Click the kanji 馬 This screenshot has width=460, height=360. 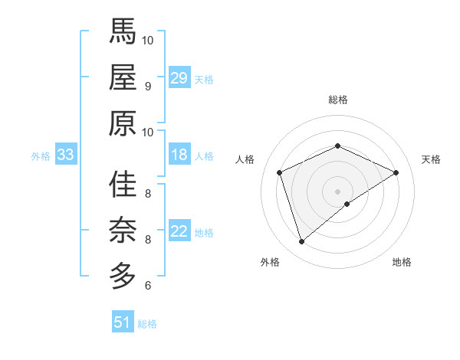pos(122,31)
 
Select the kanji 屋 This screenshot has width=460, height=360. pos(122,77)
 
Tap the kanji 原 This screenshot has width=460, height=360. pos(122,122)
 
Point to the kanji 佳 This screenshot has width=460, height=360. pos(122,185)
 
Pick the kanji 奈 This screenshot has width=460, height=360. pos(122,231)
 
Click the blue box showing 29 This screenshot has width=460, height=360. pos(179,77)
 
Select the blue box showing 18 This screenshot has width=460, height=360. pos(179,155)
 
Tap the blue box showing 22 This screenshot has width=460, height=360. pos(179,231)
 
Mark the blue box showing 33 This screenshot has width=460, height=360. pos(66,155)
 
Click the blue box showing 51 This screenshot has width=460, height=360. pos(123,322)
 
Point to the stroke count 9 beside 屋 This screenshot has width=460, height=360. pos(147,86)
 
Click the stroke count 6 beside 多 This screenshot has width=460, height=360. pos(147,286)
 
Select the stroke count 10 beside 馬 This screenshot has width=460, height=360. pos(148,40)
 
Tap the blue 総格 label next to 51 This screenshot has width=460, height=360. pos(147,324)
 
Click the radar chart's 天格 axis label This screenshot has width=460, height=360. pos(431,159)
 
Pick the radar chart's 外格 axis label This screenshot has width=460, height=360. pos(270,262)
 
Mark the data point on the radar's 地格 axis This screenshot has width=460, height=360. pos(347,204)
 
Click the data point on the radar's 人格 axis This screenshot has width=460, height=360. pos(280,172)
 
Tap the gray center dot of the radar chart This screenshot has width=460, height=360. pos(337,191)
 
